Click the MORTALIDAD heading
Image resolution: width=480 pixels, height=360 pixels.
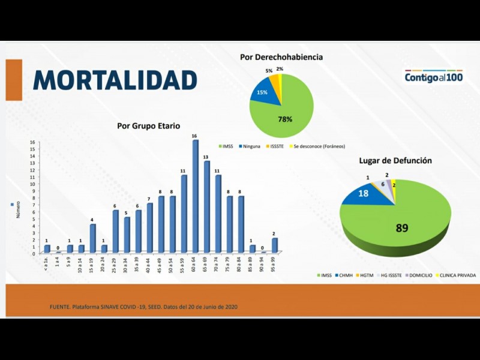click(115, 80)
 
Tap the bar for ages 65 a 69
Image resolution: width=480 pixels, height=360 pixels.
click(206, 207)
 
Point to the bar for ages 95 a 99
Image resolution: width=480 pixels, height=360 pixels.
click(275, 245)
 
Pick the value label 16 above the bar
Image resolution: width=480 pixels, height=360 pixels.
click(195, 136)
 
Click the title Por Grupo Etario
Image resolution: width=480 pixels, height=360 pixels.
click(148, 126)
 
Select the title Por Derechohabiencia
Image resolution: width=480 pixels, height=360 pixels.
click(281, 57)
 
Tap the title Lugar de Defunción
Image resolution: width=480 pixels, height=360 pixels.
click(395, 160)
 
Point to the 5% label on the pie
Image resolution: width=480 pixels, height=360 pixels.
click(269, 71)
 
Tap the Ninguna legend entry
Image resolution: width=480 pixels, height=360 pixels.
click(250, 146)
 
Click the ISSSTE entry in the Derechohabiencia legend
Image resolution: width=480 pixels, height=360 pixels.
click(277, 146)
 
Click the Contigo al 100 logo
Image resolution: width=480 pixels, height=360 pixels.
click(434, 77)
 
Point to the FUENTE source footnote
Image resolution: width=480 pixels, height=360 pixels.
click(143, 307)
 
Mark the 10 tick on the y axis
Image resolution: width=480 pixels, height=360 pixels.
click(33, 184)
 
